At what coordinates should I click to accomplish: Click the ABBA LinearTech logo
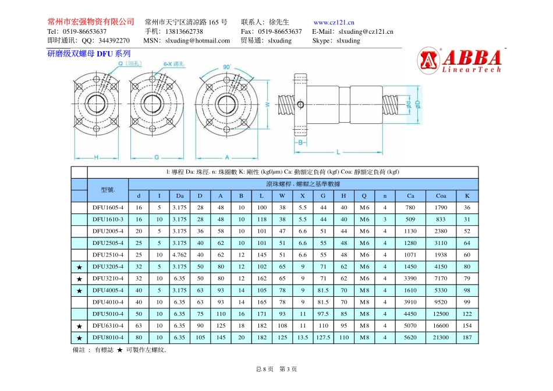pyautogui.click(x=459, y=61)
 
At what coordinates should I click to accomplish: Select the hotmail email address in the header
pyautogui.click(x=198, y=41)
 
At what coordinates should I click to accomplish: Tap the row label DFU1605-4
pyautogui.click(x=108, y=208)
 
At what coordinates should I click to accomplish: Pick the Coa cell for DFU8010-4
pyautogui.click(x=441, y=337)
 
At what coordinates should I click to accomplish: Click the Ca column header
pyautogui.click(x=411, y=195)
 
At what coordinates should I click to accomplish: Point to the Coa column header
pyautogui.click(x=441, y=195)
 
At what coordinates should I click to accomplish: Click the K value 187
pyautogui.click(x=467, y=337)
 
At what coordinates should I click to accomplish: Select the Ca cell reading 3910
pyautogui.click(x=411, y=302)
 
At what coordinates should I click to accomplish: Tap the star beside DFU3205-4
pyautogui.click(x=79, y=267)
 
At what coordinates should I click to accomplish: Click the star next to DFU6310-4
pyautogui.click(x=79, y=326)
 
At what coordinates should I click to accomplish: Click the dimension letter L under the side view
pyautogui.click(x=338, y=152)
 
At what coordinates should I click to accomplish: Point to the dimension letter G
pyautogui.click(x=157, y=157)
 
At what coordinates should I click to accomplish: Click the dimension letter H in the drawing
pyautogui.click(x=96, y=157)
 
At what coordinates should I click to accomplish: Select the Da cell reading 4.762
pyautogui.click(x=180, y=255)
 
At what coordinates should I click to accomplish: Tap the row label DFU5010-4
pyautogui.click(x=108, y=314)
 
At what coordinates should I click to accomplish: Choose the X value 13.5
pyautogui.click(x=303, y=337)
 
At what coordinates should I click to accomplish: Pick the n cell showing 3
pyautogui.click(x=385, y=219)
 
